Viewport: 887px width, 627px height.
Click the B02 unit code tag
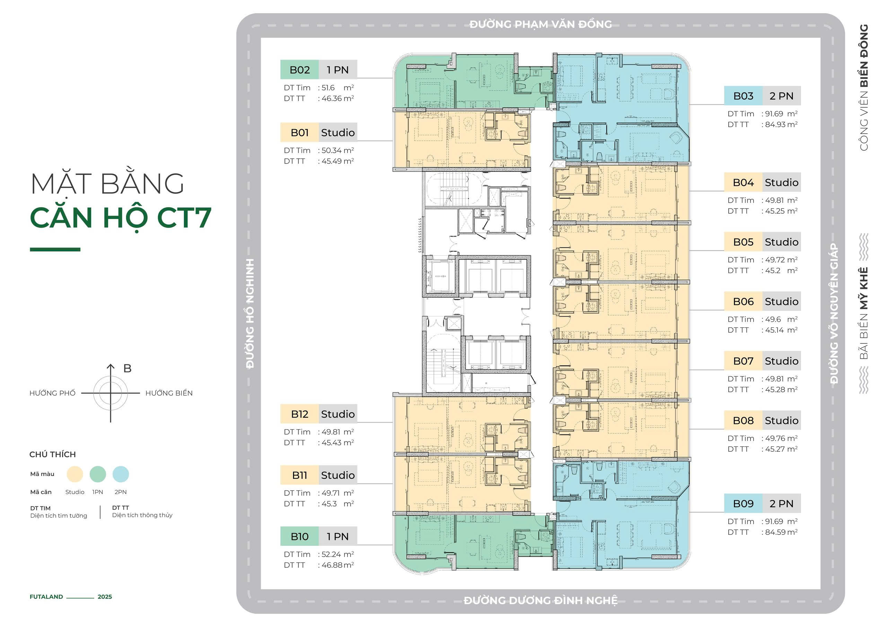point(299,70)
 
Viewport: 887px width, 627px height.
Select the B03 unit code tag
point(743,96)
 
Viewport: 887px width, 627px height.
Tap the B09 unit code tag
point(743,503)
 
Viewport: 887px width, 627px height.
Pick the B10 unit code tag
point(299,536)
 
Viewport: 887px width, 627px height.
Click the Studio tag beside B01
point(337,133)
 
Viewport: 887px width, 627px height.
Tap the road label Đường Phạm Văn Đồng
point(541,24)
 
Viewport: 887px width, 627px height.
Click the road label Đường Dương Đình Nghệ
point(541,600)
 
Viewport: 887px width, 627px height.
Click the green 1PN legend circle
point(98,474)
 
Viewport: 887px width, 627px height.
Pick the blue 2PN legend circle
point(121,474)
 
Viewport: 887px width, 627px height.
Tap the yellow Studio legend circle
point(74,474)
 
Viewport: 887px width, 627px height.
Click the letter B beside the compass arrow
point(127,369)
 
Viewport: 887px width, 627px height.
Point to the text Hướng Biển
point(169,393)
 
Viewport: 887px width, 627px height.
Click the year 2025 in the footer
point(105,597)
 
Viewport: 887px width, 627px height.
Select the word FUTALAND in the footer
point(46,597)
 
